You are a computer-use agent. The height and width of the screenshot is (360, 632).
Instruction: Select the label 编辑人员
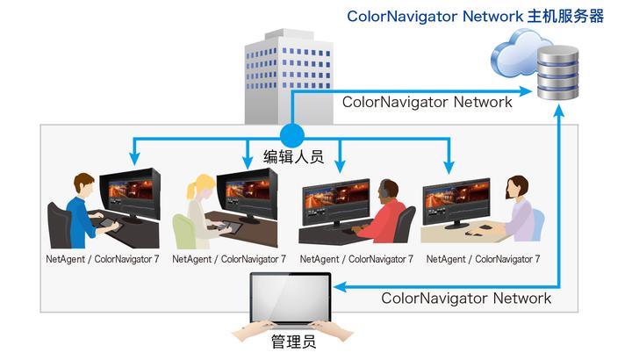(x=294, y=157)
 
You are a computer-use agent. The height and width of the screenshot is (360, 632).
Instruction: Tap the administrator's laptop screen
(x=291, y=298)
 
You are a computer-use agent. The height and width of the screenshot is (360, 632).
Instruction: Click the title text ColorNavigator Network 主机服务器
(x=475, y=17)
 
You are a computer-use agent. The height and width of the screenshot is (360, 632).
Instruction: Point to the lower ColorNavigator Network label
(x=466, y=299)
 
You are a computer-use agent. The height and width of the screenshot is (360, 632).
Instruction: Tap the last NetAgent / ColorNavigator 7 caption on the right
(x=482, y=259)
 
